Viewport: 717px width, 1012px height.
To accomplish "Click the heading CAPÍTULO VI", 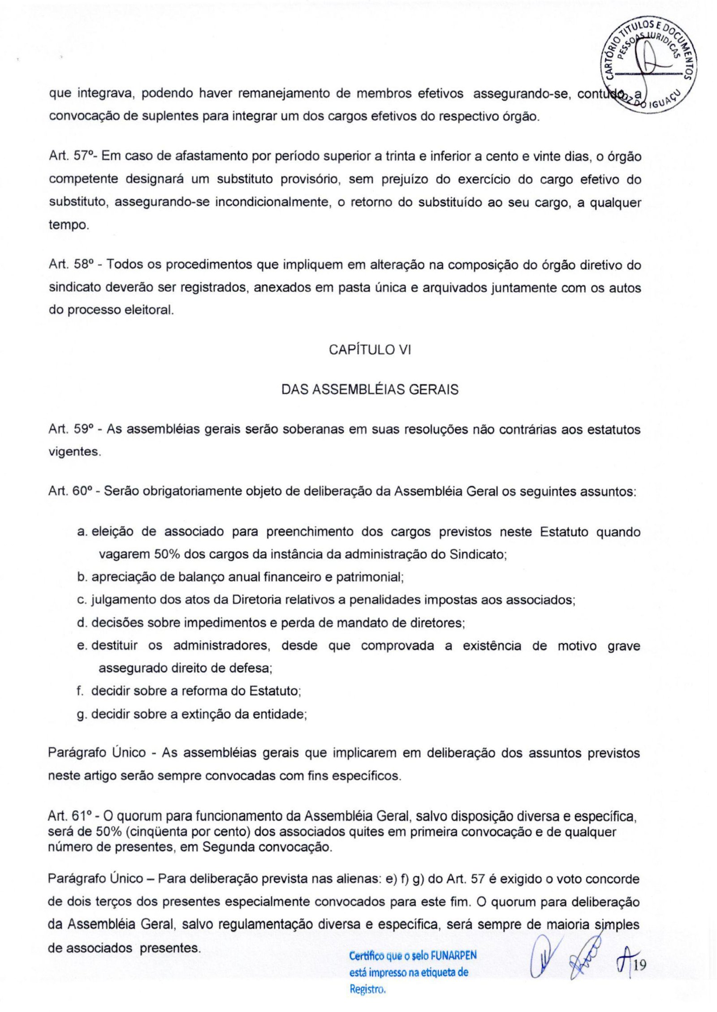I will (x=370, y=350).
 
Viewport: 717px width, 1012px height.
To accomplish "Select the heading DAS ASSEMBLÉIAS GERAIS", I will (x=370, y=390).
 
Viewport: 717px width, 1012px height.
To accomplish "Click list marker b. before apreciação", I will (x=82, y=577).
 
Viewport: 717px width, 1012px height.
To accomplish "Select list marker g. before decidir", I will (x=82, y=714).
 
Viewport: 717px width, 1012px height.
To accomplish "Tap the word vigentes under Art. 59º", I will (x=73, y=452).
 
